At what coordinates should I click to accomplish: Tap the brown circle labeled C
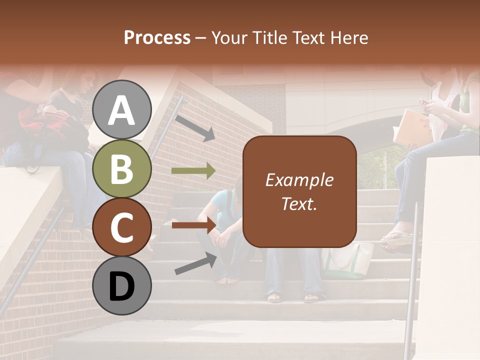(122, 227)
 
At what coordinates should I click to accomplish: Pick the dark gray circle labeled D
(122, 285)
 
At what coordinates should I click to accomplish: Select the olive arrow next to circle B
(193, 171)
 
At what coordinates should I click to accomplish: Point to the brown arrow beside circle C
(193, 225)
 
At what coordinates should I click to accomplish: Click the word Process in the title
(157, 37)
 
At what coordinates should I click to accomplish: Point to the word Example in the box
(299, 180)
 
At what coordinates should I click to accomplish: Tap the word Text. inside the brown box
(299, 204)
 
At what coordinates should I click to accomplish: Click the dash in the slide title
(201, 38)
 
